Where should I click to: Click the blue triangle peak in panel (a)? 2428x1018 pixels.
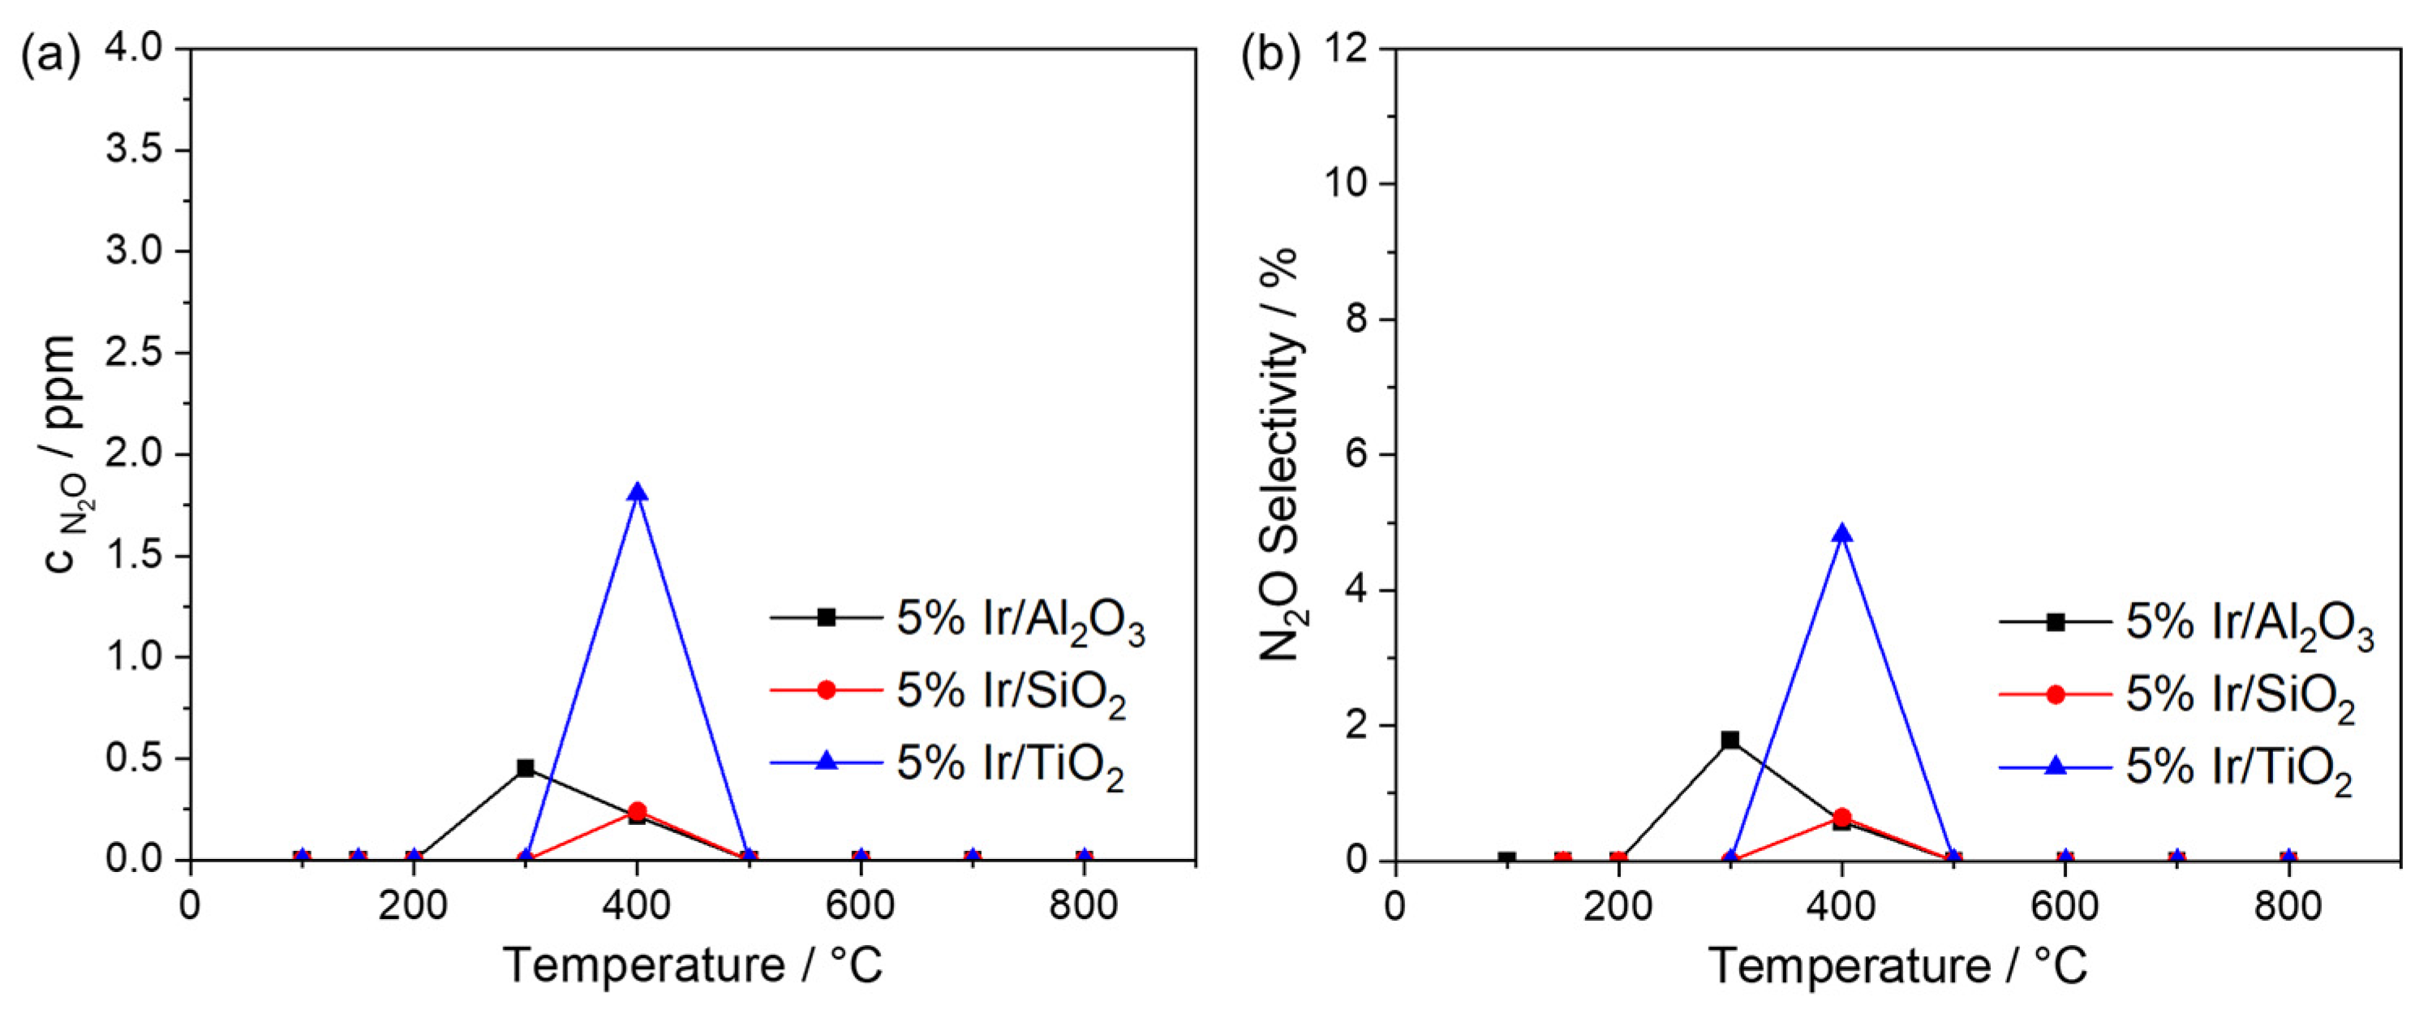pos(637,493)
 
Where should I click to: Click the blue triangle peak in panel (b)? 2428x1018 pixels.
pos(1841,535)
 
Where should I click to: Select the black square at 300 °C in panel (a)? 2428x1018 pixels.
pos(525,768)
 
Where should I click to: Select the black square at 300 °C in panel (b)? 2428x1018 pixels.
pos(1730,740)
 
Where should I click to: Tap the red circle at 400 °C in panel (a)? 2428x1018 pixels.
pos(637,810)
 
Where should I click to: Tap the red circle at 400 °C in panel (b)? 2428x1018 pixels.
pos(1841,816)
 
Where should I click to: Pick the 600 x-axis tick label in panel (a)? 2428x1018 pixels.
pos(860,906)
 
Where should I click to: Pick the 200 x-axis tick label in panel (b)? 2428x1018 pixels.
pos(1618,906)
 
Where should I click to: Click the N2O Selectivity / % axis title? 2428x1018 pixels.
pos(1279,453)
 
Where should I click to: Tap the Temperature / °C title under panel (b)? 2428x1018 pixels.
pos(1897,966)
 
